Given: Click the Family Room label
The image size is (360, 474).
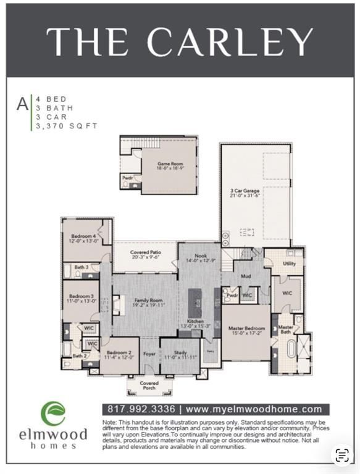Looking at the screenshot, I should pos(143,302).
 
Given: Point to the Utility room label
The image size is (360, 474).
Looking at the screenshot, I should pos(289,264).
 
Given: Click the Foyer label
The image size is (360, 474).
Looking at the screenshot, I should pos(149,354).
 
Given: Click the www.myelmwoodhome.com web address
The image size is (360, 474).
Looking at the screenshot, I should pos(254,409).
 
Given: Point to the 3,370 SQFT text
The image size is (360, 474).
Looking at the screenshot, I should pos(67,126).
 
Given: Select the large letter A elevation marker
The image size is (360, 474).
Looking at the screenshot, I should pos(22,104).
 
